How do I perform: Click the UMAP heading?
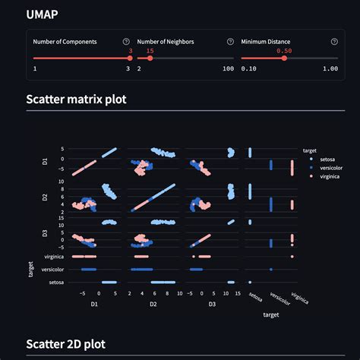[42, 14]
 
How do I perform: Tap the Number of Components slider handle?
[130, 58]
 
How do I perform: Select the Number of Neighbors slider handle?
[150, 58]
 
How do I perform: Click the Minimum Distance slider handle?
[284, 58]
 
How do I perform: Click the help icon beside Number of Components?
[126, 42]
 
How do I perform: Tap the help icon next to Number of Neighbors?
[230, 42]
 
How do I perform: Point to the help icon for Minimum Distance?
[334, 42]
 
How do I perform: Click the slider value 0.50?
[284, 51]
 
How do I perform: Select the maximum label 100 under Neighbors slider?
[229, 68]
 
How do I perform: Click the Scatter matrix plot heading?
[76, 99]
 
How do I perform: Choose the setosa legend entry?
[323, 159]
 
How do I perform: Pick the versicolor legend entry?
[327, 168]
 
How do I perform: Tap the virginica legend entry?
[325, 176]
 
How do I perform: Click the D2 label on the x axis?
[153, 304]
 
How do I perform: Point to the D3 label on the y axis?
[45, 233]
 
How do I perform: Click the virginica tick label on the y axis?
[54, 257]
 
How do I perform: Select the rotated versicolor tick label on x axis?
[279, 298]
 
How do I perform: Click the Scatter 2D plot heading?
[66, 344]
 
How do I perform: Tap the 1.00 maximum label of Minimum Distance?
[330, 68]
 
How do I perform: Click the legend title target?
[310, 150]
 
